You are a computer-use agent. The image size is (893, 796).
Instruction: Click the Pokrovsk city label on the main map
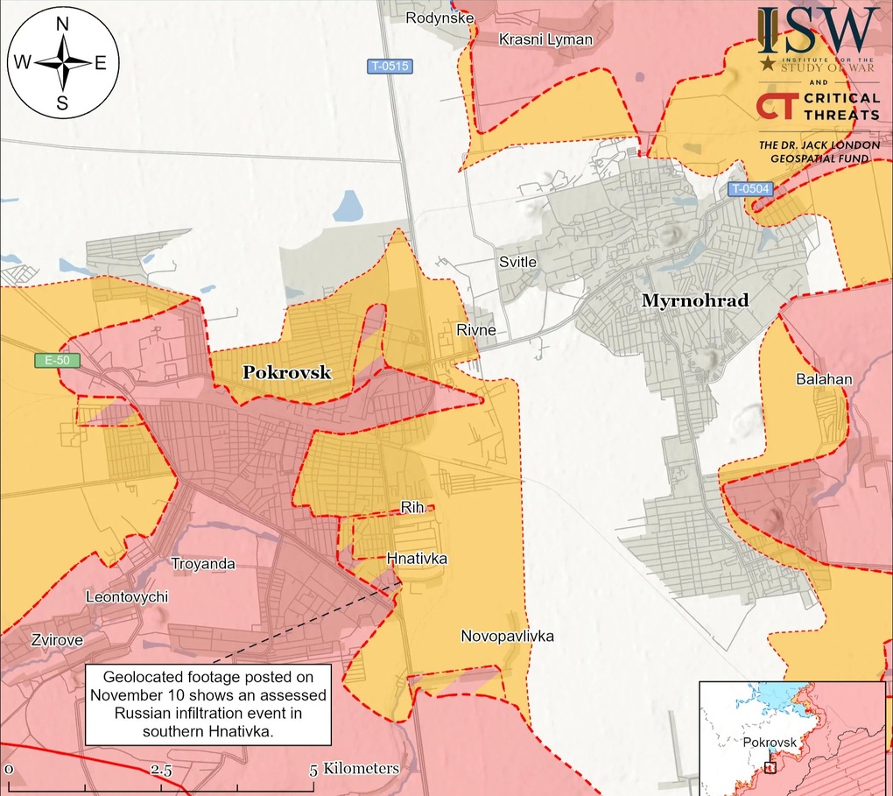286,372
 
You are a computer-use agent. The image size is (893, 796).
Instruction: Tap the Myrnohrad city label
695,301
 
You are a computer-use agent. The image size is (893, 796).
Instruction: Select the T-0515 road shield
389,66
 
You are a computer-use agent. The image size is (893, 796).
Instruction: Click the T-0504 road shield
751,188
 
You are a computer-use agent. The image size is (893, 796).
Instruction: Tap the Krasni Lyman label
545,39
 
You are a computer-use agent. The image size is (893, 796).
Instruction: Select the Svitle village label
517,262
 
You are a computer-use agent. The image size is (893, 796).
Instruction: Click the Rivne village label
475,330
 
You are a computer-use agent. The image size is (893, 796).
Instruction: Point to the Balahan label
824,380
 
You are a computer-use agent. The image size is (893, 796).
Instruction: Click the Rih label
411,507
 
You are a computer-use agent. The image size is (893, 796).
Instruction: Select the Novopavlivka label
508,637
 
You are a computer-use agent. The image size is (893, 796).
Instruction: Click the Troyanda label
202,564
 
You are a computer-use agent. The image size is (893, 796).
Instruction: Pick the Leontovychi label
126,597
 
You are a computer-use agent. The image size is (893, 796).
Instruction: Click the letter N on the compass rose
63,25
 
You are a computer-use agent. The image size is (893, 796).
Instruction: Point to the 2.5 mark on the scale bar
161,770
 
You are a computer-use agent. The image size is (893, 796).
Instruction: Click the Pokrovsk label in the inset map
770,743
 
